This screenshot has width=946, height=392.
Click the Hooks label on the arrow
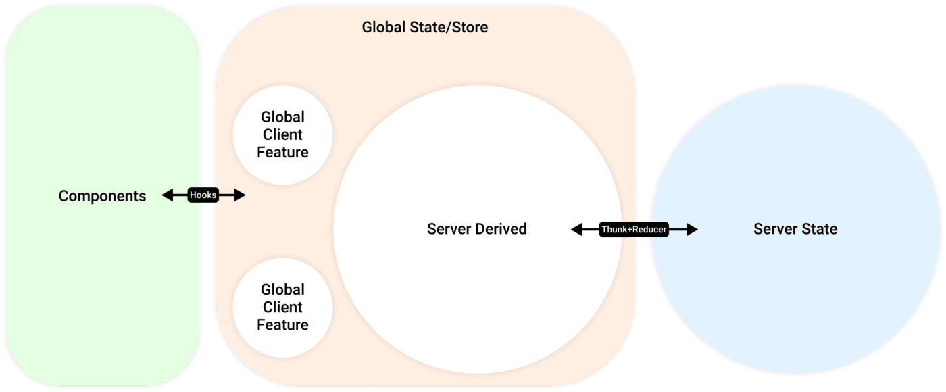203,195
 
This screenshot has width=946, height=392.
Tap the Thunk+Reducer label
634,230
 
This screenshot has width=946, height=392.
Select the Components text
102,196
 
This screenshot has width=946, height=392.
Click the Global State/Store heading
424,28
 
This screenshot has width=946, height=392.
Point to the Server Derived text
476,229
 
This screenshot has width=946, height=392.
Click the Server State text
795,229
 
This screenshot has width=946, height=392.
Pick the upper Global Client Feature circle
282,134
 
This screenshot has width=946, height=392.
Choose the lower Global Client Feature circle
282,307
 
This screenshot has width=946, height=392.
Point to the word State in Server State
819,229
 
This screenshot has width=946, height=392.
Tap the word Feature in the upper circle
282,152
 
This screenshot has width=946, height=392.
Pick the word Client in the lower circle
282,307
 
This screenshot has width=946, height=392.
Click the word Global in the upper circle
282,117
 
